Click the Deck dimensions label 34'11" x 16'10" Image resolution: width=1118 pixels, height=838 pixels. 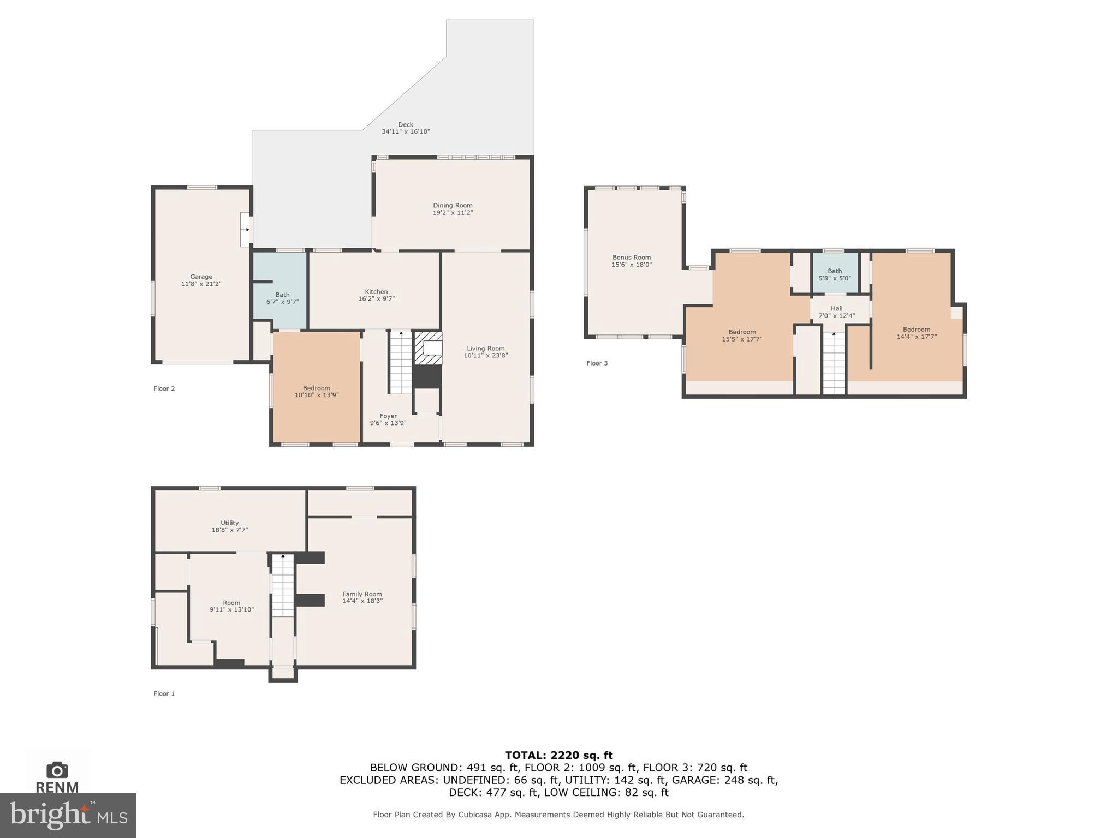406,132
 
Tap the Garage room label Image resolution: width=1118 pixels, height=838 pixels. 201,277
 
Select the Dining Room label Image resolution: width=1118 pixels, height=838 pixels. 453,206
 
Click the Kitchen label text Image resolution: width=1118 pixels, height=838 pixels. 376,292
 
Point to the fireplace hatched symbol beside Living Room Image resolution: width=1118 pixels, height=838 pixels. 427,348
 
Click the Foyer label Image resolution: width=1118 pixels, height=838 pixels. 388,416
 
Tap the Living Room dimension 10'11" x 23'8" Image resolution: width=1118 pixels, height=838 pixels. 485,356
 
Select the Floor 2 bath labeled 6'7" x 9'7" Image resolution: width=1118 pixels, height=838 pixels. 282,298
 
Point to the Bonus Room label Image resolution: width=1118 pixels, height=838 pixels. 632,258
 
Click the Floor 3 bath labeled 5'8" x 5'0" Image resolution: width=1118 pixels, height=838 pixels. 835,274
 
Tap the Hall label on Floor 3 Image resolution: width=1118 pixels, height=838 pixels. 836,309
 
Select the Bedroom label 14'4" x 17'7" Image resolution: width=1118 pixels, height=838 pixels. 916,333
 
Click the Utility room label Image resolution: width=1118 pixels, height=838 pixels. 229,523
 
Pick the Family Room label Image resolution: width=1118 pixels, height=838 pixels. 362,594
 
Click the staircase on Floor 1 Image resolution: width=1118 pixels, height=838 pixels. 283,586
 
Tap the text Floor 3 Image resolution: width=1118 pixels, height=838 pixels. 597,363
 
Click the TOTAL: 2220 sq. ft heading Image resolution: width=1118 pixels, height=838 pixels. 558,755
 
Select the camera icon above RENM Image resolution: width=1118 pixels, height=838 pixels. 57,770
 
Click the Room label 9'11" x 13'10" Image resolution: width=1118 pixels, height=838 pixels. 231,606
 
